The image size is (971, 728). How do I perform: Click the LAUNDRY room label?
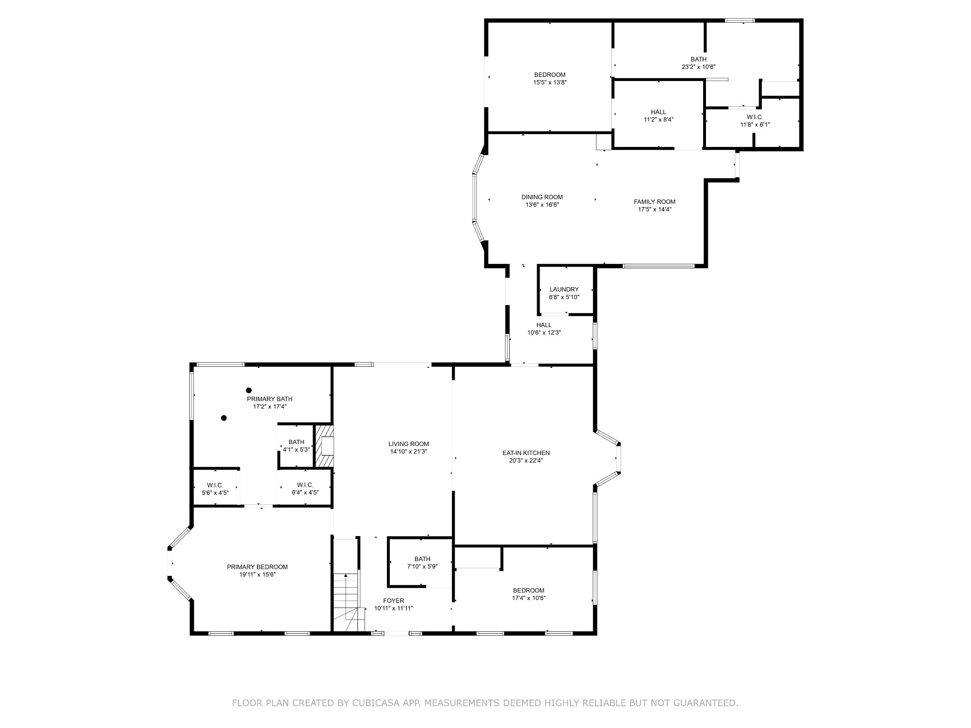[564, 290]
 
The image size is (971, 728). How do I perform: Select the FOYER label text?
[394, 601]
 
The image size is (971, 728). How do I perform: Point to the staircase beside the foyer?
[348, 602]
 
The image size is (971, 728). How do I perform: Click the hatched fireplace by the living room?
[325, 446]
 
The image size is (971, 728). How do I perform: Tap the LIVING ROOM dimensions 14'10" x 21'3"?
[409, 452]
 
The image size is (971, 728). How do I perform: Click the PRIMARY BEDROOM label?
[257, 567]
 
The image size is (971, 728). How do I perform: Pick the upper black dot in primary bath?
[248, 391]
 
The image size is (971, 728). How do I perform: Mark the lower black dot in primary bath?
[224, 418]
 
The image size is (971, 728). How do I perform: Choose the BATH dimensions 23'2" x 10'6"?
[698, 67]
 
